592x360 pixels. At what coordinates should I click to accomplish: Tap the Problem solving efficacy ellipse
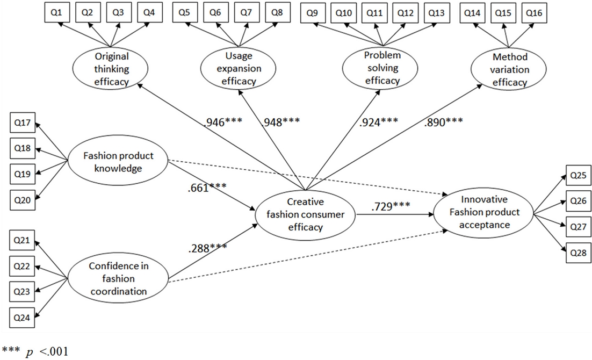tap(382, 68)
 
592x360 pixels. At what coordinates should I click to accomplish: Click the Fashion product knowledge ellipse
tap(118, 162)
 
